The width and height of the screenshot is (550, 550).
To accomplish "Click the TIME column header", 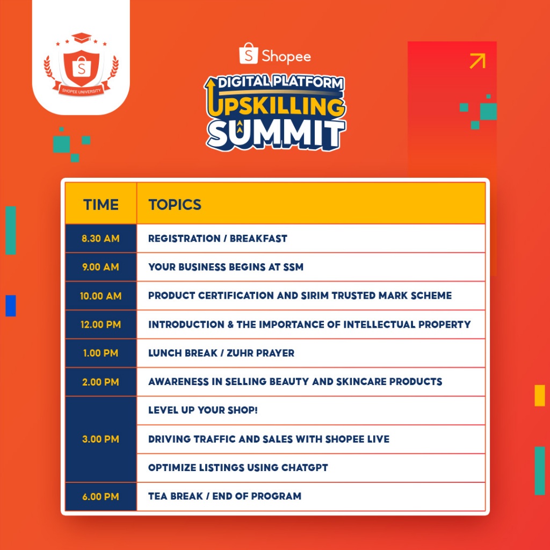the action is click(x=100, y=205).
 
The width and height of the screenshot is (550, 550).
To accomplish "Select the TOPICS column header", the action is click(x=175, y=205).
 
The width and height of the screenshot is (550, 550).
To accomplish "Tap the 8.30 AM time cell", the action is click(x=100, y=238).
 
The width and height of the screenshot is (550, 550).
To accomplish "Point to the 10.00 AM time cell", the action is click(x=100, y=296).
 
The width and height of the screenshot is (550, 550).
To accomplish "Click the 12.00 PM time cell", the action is click(x=100, y=324).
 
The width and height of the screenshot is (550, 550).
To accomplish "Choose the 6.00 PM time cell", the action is click(x=100, y=496).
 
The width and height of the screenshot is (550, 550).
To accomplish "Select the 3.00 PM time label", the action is click(x=100, y=439).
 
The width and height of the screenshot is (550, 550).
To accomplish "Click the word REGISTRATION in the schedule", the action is click(x=184, y=238).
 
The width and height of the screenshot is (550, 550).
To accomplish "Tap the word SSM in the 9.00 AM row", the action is click(x=293, y=267).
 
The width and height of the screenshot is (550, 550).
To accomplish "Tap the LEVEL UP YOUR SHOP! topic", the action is click(x=202, y=410).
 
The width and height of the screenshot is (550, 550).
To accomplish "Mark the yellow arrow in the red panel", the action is click(x=477, y=61).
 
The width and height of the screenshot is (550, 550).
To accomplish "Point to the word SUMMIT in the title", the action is click(x=276, y=135).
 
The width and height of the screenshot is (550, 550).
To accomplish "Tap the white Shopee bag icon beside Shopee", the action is click(x=249, y=54).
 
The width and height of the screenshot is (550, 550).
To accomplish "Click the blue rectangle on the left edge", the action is click(x=11, y=306).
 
